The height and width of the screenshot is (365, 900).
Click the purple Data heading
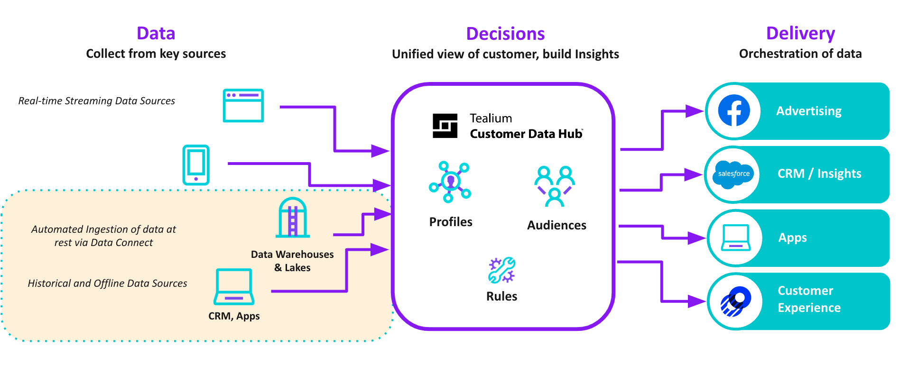pyautogui.click(x=156, y=34)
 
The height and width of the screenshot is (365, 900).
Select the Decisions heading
pyautogui.click(x=505, y=34)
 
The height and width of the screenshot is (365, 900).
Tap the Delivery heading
pyautogui.click(x=800, y=34)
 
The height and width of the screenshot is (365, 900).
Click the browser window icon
pyautogui.click(x=243, y=105)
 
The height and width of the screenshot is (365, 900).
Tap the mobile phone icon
pyautogui.click(x=196, y=164)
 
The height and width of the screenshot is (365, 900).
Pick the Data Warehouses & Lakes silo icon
pyautogui.click(x=293, y=218)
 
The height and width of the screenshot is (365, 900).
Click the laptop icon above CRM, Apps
pyautogui.click(x=234, y=287)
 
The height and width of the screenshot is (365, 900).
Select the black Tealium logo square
pyautogui.click(x=445, y=126)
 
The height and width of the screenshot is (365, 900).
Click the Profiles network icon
pyautogui.click(x=450, y=182)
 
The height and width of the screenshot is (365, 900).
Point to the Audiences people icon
pyautogui.click(x=554, y=186)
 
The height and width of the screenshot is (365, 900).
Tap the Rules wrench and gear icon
pyautogui.click(x=501, y=270)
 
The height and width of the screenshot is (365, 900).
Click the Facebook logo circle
pyautogui.click(x=733, y=111)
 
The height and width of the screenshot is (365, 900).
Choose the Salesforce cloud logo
pyautogui.click(x=733, y=174)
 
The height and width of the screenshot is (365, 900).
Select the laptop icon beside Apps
pyautogui.click(x=735, y=237)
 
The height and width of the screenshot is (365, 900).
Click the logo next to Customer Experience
pyautogui.click(x=735, y=301)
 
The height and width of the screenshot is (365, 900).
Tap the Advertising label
pyautogui.click(x=808, y=111)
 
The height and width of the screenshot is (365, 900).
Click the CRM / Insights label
pyautogui.click(x=819, y=173)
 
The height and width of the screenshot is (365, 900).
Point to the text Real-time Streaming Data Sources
pyautogui.click(x=96, y=101)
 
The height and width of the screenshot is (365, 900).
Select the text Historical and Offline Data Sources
pyautogui.click(x=107, y=283)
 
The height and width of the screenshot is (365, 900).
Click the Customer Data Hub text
pyautogui.click(x=526, y=134)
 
